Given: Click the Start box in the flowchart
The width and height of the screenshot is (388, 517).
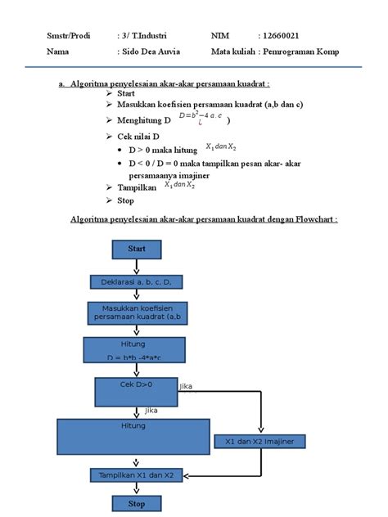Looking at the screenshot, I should pyautogui.click(x=136, y=248).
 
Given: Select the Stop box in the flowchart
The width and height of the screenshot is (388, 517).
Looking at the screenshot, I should pyautogui.click(x=136, y=503).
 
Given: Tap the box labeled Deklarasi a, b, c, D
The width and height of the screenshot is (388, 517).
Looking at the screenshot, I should pyautogui.click(x=136, y=282).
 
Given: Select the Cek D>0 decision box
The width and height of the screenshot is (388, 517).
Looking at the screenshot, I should pyautogui.click(x=136, y=389).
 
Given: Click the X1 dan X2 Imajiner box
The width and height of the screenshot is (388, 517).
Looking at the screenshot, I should pyautogui.click(x=259, y=442).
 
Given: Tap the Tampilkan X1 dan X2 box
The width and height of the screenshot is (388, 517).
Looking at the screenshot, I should pyautogui.click(x=136, y=475).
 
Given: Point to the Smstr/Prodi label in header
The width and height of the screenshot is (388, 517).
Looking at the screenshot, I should pyautogui.click(x=68, y=36).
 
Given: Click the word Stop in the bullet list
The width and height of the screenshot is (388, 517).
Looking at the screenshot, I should pyautogui.click(x=125, y=200).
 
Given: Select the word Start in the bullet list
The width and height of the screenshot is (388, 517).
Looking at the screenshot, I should pyautogui.click(x=126, y=94).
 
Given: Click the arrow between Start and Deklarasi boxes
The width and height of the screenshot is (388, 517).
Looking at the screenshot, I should pyautogui.click(x=136, y=266).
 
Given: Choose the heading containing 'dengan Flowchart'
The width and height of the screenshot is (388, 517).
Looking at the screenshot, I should pyautogui.click(x=204, y=220).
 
